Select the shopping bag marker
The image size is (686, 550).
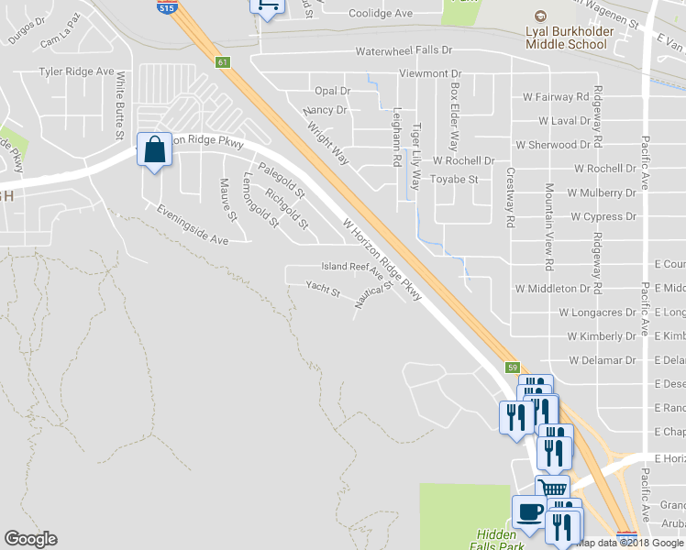point(154,148)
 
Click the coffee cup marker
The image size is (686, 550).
point(528,511)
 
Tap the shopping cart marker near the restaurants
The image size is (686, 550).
point(552,489)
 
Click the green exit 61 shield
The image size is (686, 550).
point(223,62)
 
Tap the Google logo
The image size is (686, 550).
point(30,539)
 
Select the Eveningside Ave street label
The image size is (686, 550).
point(192,225)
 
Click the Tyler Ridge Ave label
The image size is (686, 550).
point(76,71)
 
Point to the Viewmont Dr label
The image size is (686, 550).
point(429,73)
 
